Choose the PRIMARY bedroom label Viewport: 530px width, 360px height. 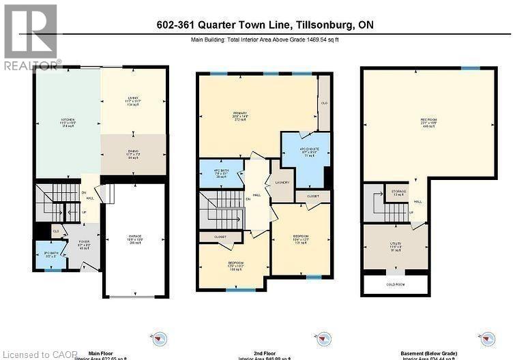click(x=239, y=115)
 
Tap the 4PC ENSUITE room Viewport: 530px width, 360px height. click(x=305, y=152)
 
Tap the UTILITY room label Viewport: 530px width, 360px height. click(x=396, y=246)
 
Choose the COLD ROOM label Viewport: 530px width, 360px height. click(x=396, y=284)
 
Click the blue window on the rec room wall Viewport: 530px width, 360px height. click(x=469, y=67)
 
